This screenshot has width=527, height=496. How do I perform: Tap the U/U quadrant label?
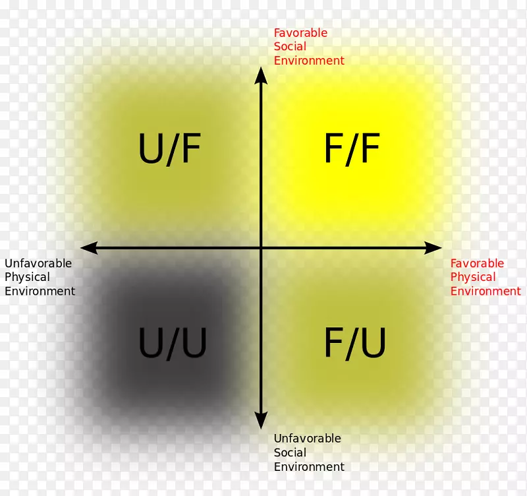pos(173,343)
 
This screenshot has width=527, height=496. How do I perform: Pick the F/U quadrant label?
pos(354,343)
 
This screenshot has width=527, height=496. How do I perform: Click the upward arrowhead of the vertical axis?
pos(262,75)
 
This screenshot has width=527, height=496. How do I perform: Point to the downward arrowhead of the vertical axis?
pos(262,420)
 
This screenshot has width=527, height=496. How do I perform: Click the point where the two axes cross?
pos(262,248)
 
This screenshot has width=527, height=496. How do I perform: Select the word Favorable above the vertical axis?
pos(300,33)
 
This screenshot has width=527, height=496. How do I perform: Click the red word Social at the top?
pos(290,47)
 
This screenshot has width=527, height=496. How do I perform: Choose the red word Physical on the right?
pos(473,277)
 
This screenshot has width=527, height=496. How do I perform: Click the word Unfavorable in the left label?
pos(38,263)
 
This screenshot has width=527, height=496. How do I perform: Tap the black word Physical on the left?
pos(27,277)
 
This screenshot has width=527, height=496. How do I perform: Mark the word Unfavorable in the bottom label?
pos(308,439)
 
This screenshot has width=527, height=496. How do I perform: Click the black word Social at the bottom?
pos(290,452)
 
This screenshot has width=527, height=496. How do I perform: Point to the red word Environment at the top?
pos(309,61)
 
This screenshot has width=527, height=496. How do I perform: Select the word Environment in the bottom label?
pos(309,467)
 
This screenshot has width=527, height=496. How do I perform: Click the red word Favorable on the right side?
pos(477,263)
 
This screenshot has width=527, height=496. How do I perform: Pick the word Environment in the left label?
pos(40,291)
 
